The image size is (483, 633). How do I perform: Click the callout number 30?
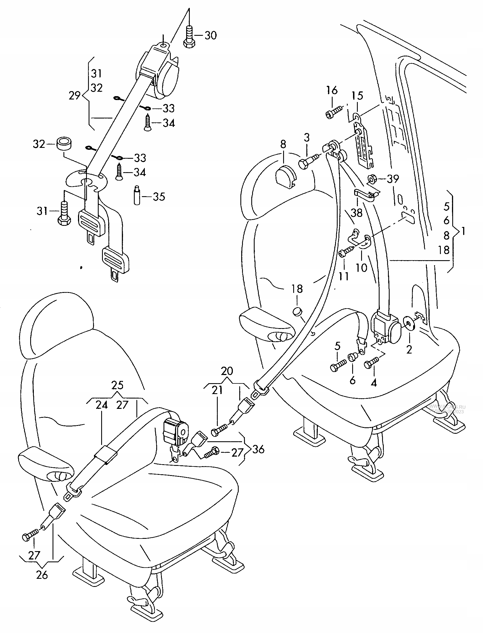pyautogui.click(x=211, y=36)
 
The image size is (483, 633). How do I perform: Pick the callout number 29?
pyautogui.click(x=74, y=95)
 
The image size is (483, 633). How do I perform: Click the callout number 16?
pyautogui.click(x=332, y=90)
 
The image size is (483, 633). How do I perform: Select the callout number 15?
pyautogui.click(x=357, y=96)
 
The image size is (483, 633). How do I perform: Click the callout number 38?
pyautogui.click(x=356, y=213)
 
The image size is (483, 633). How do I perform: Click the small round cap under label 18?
pyautogui.click(x=297, y=311)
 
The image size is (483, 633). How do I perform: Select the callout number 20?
pyautogui.click(x=227, y=371)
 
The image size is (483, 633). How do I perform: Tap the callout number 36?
pyautogui.click(x=258, y=449)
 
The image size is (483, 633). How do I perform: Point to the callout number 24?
pyautogui.click(x=102, y=405)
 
